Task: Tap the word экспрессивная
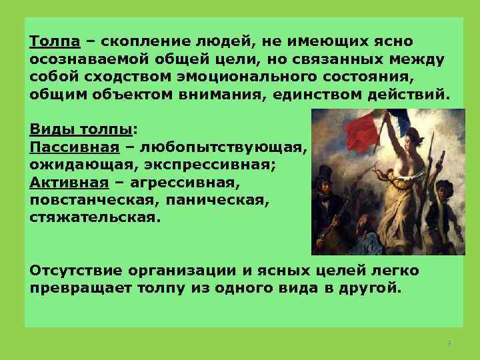pyautogui.click(x=200, y=163)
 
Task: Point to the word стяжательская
pyautogui.click(x=95, y=217)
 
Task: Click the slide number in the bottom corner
pyautogui.click(x=449, y=343)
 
